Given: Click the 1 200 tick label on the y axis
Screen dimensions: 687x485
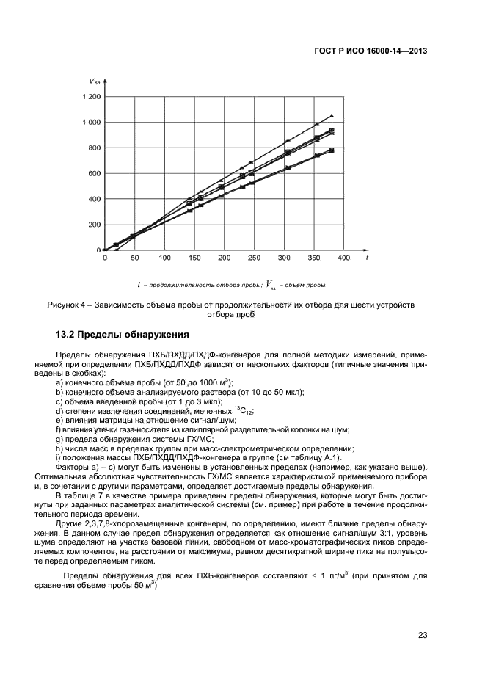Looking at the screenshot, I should pos(91,96).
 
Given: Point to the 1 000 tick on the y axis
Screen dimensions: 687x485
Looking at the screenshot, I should pos(91,122).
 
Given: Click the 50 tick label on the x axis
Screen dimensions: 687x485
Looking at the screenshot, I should pos(134,258).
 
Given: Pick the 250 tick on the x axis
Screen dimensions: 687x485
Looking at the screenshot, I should pos(253,258).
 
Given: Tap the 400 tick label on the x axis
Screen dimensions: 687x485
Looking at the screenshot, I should pos(342,258).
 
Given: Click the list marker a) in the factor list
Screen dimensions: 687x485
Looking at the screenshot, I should pos(60,382).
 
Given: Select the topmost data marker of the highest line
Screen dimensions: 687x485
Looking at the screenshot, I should pos(332,116).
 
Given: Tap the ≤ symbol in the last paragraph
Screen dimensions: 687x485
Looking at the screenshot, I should pos(311,575).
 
